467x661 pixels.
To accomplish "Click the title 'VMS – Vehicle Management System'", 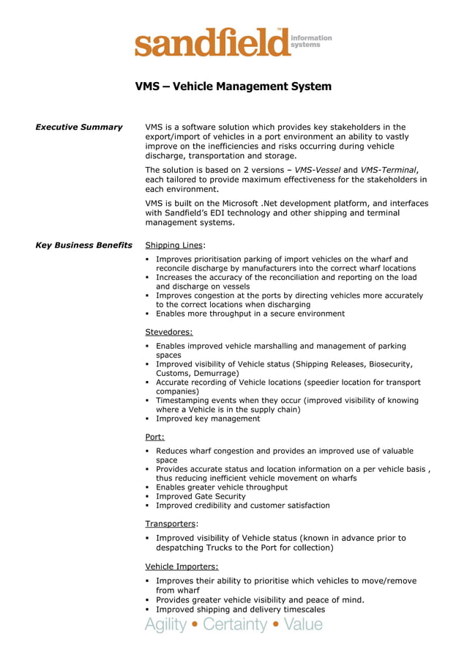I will coord(233,86).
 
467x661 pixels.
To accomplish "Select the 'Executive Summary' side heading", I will coord(79,128).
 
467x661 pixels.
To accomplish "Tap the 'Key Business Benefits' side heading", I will coord(83,245).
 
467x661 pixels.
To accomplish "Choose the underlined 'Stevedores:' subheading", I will coord(169,332).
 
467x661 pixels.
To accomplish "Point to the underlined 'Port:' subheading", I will coord(154,437).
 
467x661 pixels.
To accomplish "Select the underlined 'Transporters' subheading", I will coord(171,524).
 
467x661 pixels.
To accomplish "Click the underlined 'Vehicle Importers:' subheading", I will coord(182,566).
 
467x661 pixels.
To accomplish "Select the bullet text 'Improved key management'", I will coord(208,419).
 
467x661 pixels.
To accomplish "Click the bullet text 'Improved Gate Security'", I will coord(201,496).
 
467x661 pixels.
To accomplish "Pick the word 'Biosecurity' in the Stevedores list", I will coord(389,364).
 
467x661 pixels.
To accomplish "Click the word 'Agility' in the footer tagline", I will coord(165,624).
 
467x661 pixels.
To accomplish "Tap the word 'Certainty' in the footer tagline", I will coord(235,624).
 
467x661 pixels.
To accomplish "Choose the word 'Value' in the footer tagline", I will coord(304,624).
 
